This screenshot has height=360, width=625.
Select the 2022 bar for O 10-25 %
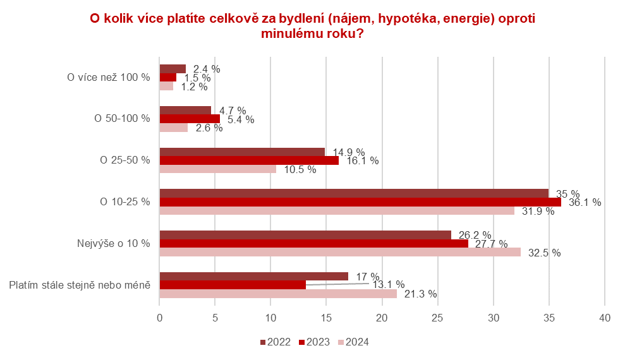(353, 193)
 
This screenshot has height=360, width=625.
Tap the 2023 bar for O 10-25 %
(360, 202)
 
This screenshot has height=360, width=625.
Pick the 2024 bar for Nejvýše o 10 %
(339, 252)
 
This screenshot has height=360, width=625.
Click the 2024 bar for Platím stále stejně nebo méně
(277, 294)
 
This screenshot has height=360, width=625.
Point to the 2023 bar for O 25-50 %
(248, 160)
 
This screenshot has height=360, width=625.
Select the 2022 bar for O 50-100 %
(185, 110)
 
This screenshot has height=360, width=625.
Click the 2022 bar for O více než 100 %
(172, 69)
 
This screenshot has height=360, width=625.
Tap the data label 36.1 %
(585, 203)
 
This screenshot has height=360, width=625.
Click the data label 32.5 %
(544, 253)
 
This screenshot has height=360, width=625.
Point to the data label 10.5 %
(300, 169)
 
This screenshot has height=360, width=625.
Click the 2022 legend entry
(275, 342)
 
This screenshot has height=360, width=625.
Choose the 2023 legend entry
(313, 342)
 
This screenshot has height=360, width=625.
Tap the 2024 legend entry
(353, 342)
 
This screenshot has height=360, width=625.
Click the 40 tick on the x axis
(604, 319)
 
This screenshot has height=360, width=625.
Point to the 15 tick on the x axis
(326, 319)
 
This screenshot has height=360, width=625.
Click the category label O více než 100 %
(109, 77)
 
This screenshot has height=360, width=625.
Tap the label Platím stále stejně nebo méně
(80, 285)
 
